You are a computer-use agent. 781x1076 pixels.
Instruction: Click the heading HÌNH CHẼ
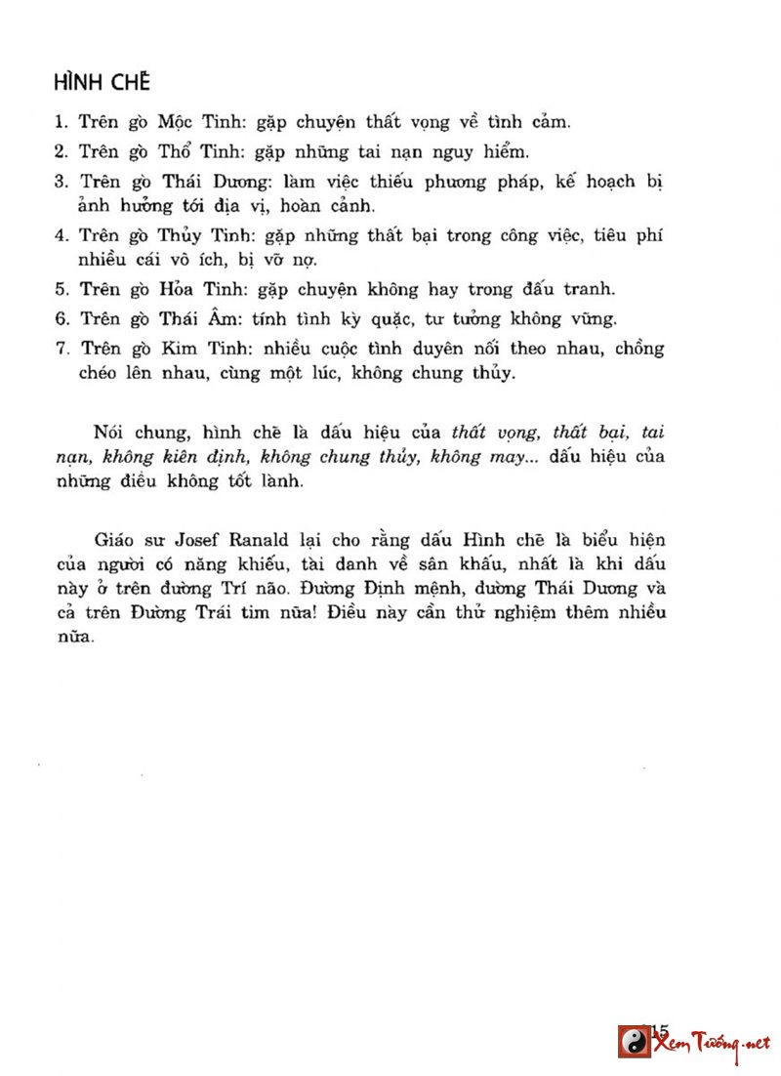pos(102,80)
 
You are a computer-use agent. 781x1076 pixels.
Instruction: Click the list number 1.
pos(59,123)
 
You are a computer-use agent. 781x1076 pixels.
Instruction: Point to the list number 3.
pos(59,182)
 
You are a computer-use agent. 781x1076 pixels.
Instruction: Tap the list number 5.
pos(59,289)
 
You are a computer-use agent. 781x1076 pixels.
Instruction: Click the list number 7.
pos(59,348)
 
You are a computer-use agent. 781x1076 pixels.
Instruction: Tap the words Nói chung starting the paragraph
pos(132,432)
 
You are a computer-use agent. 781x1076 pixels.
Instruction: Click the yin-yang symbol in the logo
pos(634,1041)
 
